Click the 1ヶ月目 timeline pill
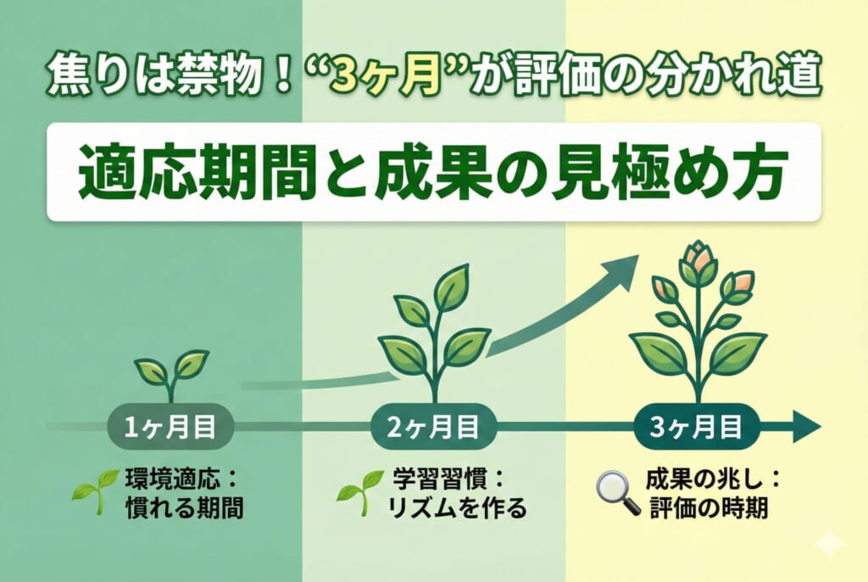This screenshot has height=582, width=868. click(x=170, y=428)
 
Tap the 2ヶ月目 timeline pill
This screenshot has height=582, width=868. click(x=433, y=428)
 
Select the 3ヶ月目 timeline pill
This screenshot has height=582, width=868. click(x=696, y=428)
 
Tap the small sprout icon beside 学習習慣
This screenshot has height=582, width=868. click(x=360, y=491)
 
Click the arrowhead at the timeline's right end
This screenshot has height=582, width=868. click(x=808, y=428)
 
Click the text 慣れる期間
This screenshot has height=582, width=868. click(x=184, y=507)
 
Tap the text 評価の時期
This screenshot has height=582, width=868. click(x=709, y=507)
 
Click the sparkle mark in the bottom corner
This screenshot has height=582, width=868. click(x=830, y=545)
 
